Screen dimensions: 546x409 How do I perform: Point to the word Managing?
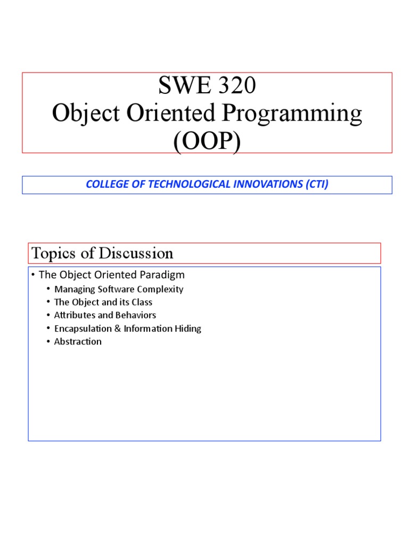tap(72, 289)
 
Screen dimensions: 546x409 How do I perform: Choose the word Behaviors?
tap(135, 315)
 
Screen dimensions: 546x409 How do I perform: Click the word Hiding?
tap(188, 328)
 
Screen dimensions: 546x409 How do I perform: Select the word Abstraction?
tap(78, 341)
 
